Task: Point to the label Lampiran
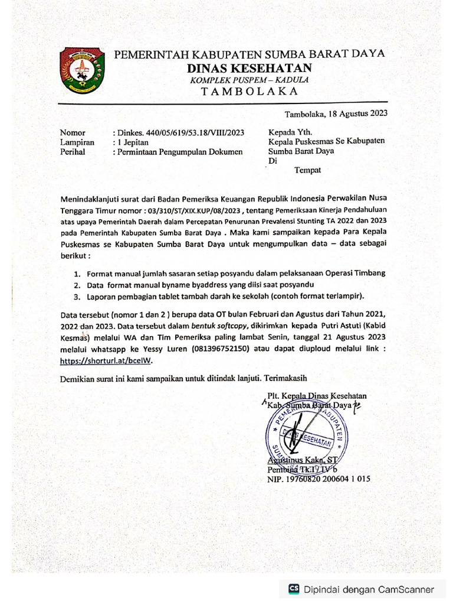click(x=77, y=142)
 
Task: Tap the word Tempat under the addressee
click(x=307, y=170)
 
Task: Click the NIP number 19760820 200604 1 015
click(x=318, y=479)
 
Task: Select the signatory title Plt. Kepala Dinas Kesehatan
click(x=317, y=396)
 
